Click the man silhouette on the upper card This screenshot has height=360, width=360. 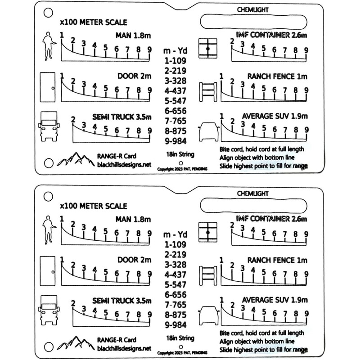point(48,46)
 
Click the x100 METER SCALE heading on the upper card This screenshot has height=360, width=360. point(94,22)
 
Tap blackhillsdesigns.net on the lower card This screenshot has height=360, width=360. point(124,349)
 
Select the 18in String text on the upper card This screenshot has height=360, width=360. point(180,154)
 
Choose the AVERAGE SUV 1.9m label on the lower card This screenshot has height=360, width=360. point(274,300)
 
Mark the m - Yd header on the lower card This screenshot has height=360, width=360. point(175,234)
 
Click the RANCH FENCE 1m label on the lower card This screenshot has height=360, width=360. point(278,260)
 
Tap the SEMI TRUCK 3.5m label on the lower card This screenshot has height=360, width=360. point(121,300)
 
